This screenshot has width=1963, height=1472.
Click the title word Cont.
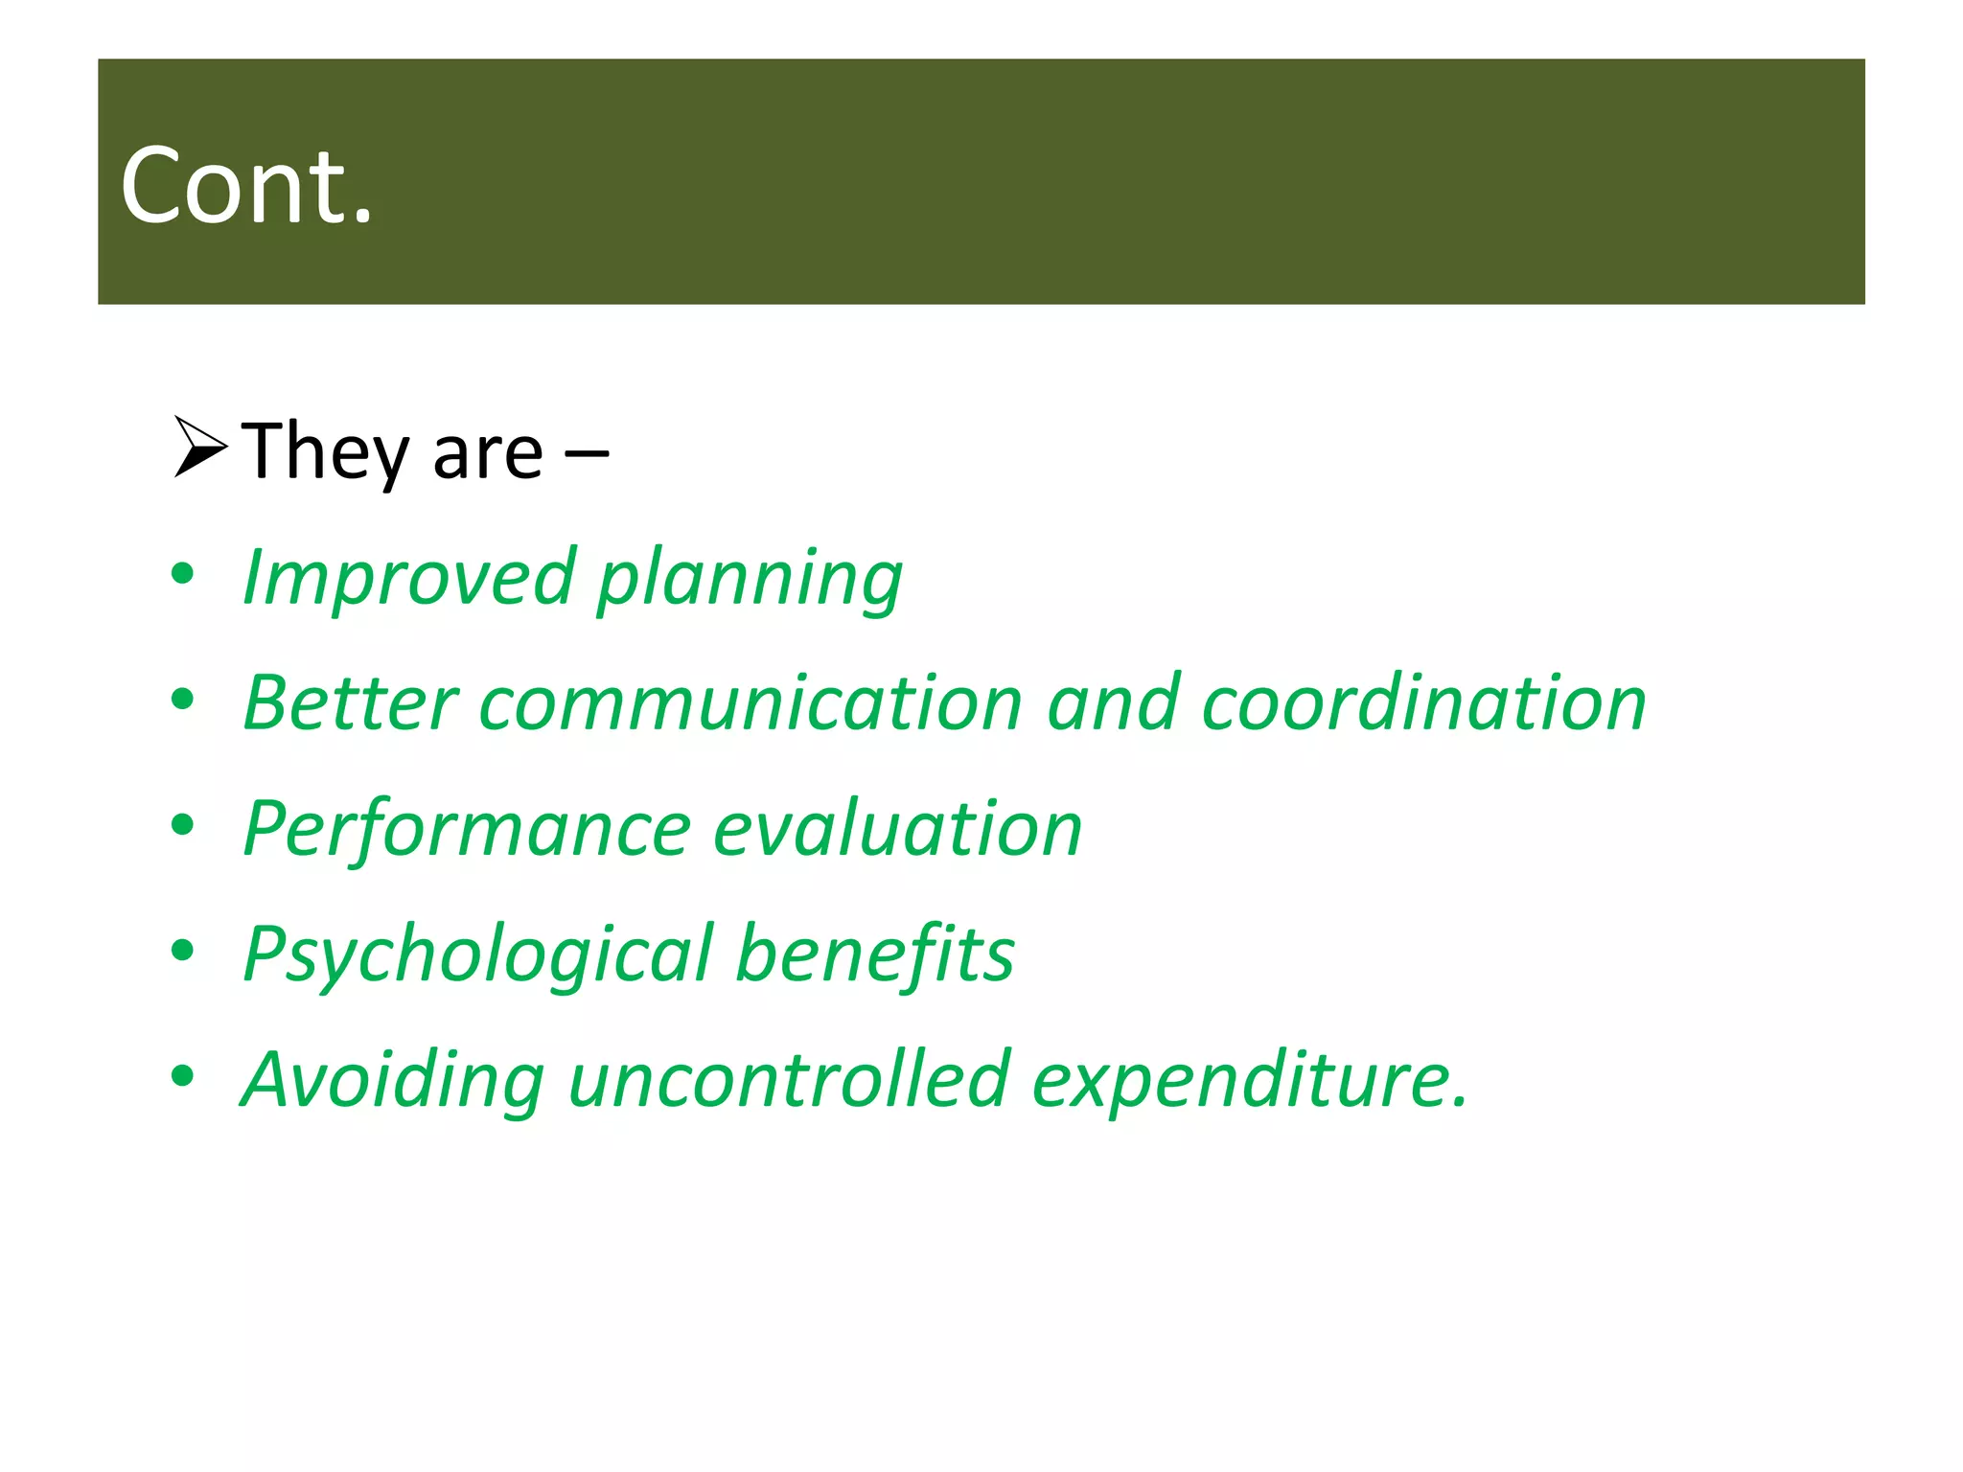(245, 186)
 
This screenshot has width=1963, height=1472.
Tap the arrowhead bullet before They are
(199, 447)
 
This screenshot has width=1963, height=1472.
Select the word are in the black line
(487, 454)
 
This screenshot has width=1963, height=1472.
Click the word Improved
(407, 578)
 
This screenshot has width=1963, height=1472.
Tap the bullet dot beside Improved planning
(182, 574)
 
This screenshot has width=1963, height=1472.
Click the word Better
(350, 703)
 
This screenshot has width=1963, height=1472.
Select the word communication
(751, 703)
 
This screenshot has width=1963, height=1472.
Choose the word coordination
(1423, 703)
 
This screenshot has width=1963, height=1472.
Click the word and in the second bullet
(1112, 703)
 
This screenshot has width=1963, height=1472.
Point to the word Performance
(467, 829)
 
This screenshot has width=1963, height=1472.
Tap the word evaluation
(898, 829)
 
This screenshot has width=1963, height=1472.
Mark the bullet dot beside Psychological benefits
(182, 951)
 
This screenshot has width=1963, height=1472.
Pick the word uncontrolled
(789, 1079)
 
